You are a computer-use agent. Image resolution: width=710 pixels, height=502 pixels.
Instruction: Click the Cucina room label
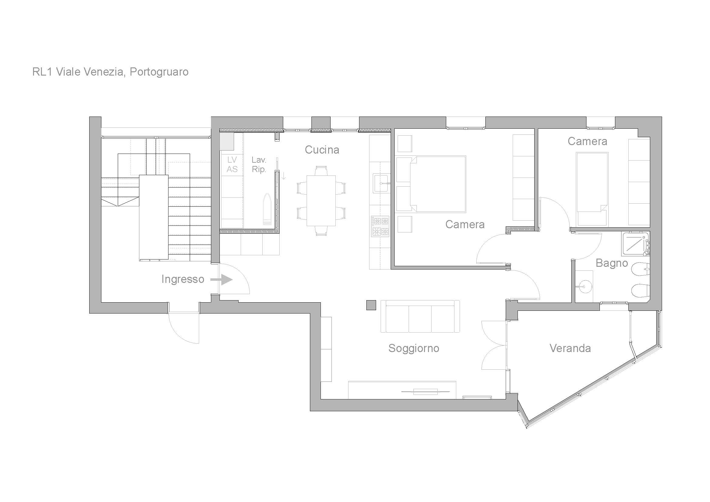[322, 150]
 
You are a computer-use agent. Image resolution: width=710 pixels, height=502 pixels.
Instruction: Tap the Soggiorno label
[414, 348]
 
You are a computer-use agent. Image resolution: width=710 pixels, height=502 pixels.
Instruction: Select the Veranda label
[570, 348]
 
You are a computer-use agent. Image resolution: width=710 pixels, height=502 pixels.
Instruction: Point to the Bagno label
[612, 263]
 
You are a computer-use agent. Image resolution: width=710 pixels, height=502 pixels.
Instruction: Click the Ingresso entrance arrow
[221, 280]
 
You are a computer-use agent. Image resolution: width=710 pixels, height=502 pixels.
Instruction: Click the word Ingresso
[183, 279]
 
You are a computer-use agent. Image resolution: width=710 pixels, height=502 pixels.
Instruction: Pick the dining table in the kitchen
[321, 201]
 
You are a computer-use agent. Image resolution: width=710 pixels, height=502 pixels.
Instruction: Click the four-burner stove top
[380, 227]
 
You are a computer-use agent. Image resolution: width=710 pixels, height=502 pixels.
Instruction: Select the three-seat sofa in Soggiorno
[420, 316]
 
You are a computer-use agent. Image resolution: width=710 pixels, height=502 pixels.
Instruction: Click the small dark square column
[371, 305]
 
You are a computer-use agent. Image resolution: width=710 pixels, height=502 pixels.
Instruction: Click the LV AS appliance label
[232, 165]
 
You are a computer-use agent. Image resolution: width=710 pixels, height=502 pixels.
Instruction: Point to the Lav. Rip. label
[259, 165]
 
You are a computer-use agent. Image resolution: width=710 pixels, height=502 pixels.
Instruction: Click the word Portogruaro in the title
[159, 72]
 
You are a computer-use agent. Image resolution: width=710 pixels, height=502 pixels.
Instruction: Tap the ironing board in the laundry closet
[267, 209]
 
